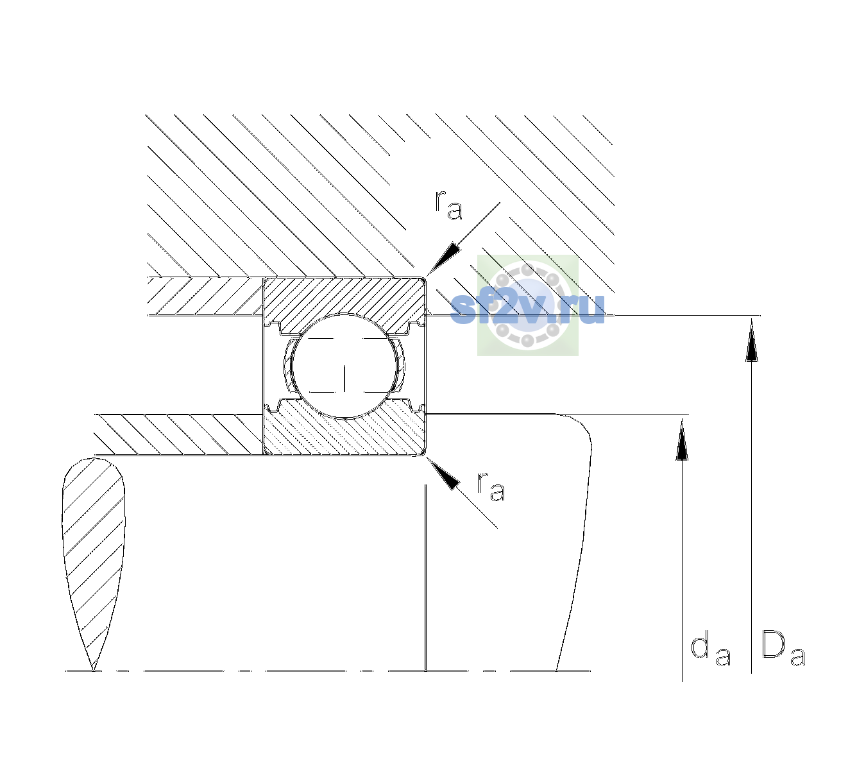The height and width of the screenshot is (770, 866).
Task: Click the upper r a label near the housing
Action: [x=448, y=205]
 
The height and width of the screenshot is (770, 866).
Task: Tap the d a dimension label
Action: [x=710, y=650]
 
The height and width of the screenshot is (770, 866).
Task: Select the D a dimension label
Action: [x=783, y=649]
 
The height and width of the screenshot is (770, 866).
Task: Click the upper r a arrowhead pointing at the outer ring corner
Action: [x=443, y=259]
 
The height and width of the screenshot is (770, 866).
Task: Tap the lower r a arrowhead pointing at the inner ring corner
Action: [x=443, y=473]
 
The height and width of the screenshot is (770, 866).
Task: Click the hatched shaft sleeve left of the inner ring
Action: [x=178, y=434]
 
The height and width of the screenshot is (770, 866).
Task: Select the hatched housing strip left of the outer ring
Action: [x=205, y=296]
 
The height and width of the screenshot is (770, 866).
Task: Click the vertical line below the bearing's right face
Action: [x=426, y=577]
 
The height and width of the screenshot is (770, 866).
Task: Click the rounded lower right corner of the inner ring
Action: [x=423, y=452]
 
